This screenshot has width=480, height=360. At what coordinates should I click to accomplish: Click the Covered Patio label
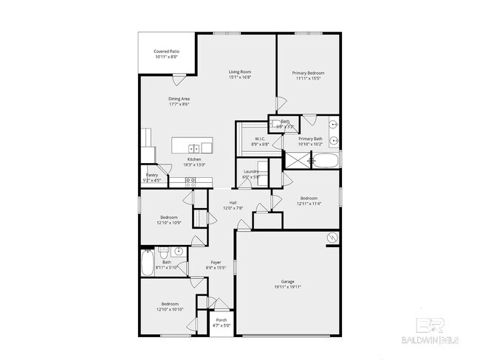(166, 52)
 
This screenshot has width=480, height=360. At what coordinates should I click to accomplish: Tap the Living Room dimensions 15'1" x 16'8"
(240, 77)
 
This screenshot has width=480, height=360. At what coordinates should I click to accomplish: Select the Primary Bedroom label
(308, 73)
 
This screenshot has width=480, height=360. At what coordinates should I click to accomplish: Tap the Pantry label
(151, 175)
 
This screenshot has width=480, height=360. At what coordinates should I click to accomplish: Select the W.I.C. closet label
(260, 139)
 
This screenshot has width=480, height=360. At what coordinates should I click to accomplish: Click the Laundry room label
(251, 172)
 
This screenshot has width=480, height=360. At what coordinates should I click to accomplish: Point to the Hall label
(233, 203)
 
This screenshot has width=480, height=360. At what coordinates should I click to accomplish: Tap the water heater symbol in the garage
(333, 238)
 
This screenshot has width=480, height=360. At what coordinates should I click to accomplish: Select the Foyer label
(216, 262)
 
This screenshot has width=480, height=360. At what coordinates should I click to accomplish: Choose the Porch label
(222, 320)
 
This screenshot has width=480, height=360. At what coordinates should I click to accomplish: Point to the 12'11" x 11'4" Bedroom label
(309, 198)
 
